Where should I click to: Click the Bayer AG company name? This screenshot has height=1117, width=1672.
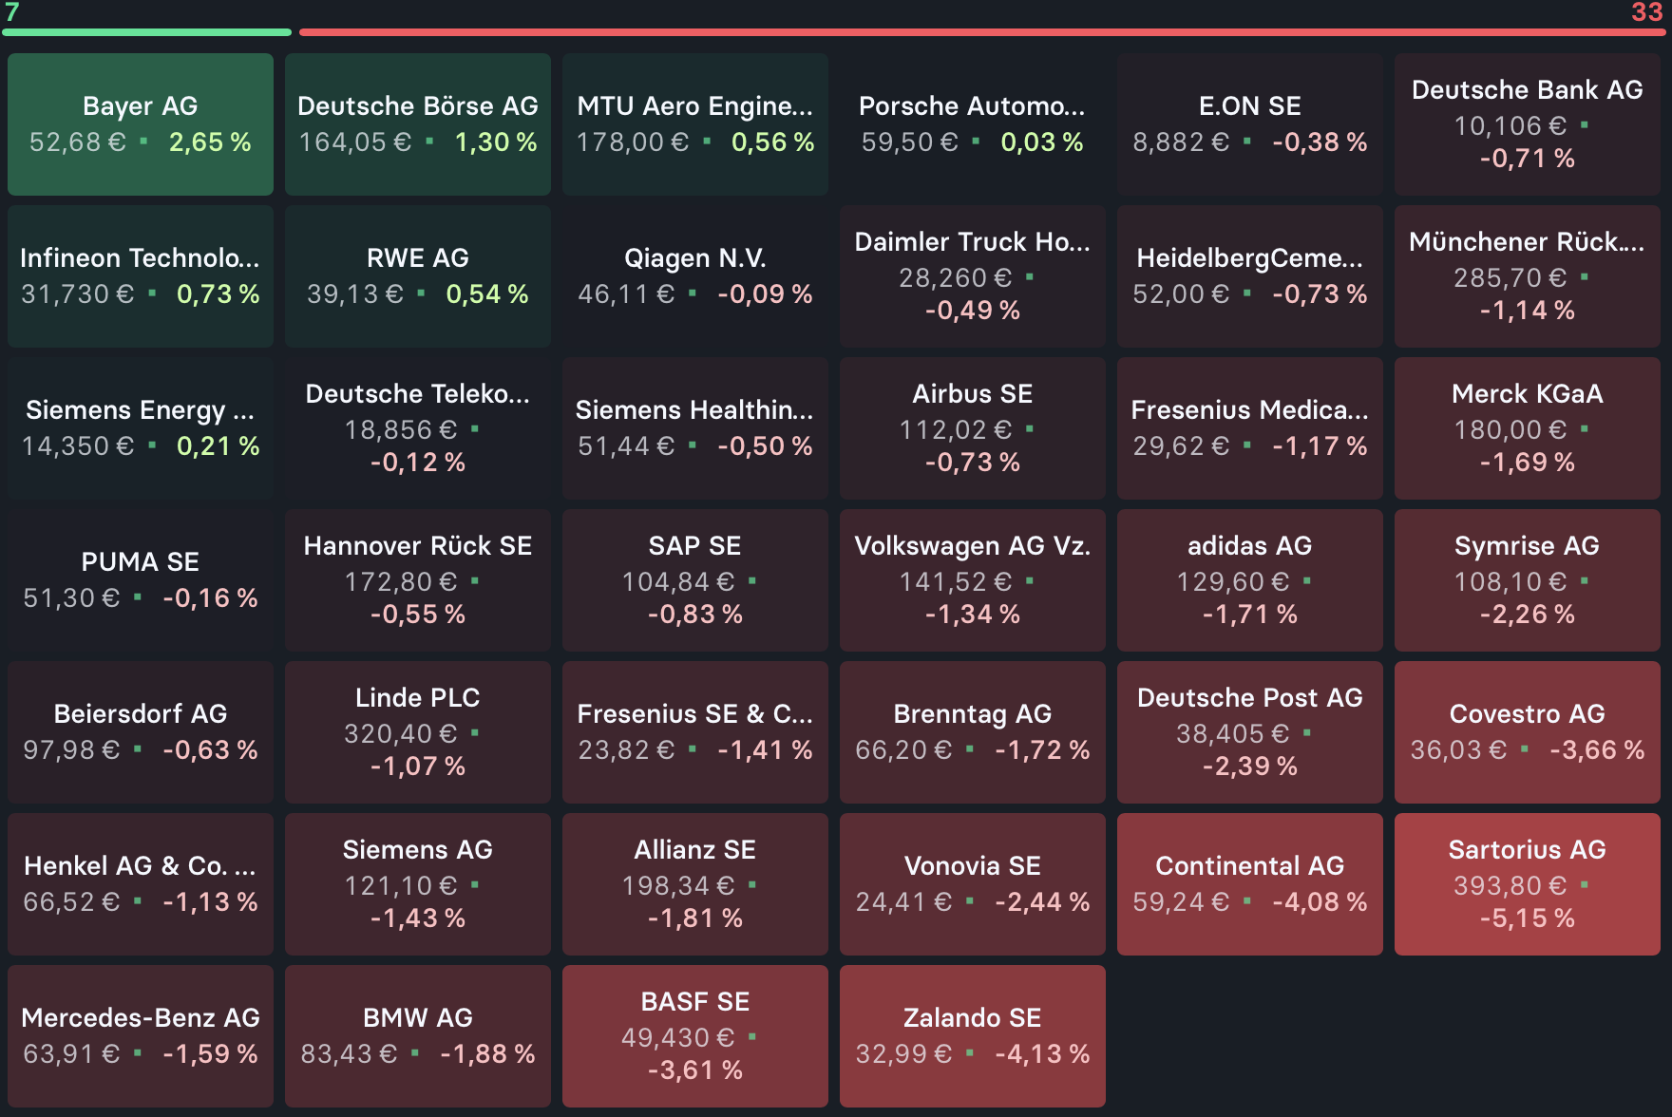coord(140,106)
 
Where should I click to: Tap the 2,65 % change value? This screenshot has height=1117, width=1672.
coord(210,142)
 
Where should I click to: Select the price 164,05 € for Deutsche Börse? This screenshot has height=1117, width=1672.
coord(355,142)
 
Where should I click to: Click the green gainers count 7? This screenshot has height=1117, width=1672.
coord(12,12)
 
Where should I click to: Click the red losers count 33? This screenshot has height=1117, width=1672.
coord(1646,12)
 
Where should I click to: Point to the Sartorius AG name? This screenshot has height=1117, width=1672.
coord(1527,850)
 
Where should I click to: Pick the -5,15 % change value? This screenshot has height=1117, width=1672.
coord(1527,918)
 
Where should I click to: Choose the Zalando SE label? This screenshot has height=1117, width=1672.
coord(972,1018)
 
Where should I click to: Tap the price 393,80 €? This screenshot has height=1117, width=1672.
coord(1510,886)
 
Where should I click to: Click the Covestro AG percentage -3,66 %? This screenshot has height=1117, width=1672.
coord(1597,750)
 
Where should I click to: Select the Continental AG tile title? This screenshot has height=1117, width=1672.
coord(1249,866)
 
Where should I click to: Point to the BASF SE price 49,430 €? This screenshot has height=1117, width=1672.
coord(677,1038)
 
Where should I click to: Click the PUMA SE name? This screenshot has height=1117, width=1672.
coord(140,562)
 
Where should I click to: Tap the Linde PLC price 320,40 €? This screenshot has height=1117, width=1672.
coord(400,734)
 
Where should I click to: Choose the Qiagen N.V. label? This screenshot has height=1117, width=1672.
coord(694,258)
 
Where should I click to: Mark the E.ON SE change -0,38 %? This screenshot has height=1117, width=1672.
coord(1320,142)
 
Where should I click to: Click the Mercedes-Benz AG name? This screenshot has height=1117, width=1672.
coord(140,1018)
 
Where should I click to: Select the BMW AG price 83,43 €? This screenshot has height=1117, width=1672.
coord(349,1054)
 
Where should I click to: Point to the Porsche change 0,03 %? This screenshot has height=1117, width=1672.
coord(1042,142)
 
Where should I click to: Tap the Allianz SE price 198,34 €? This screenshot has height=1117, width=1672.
coord(677,886)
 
